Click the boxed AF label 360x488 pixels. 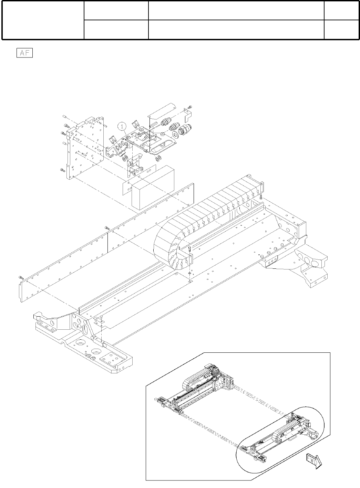pyautogui.click(x=24, y=54)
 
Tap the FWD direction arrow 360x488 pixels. pyautogui.click(x=313, y=461)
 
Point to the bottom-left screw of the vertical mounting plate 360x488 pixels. pyautogui.click(x=62, y=169)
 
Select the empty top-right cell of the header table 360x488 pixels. pyautogui.click(x=341, y=10)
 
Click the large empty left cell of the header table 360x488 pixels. pyautogui.click(x=43, y=20)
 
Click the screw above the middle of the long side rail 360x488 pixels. pyautogui.click(x=106, y=227)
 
